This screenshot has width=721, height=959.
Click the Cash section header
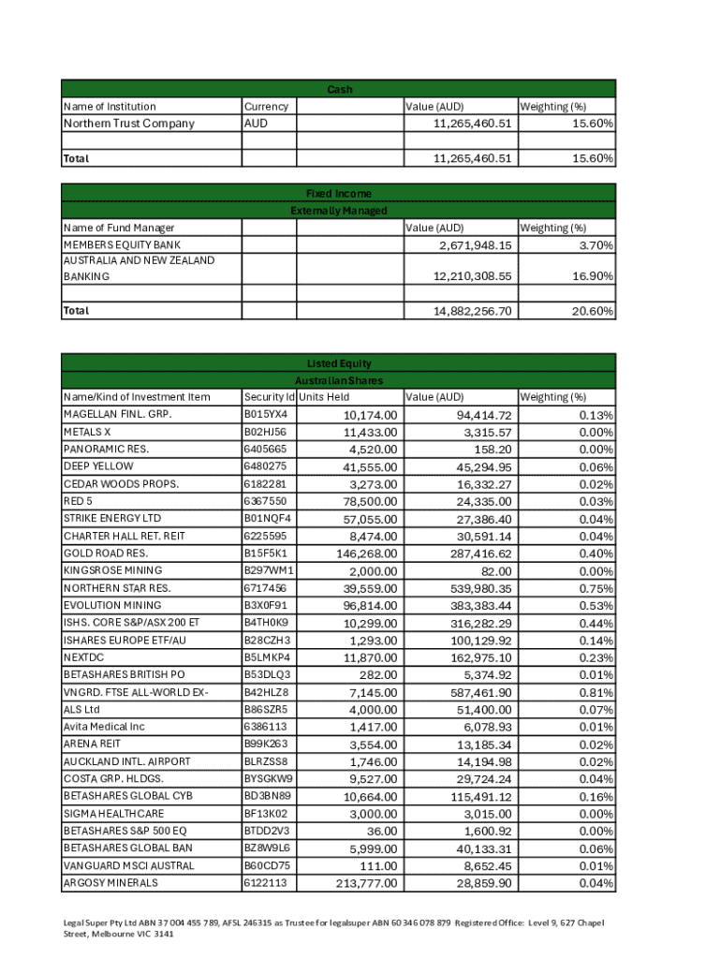pos(339,89)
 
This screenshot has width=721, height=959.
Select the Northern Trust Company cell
pos(128,124)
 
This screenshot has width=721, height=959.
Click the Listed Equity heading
pos(339,363)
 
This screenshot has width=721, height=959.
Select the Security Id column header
pos(269,397)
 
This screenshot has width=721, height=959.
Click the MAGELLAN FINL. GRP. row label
pos(117,414)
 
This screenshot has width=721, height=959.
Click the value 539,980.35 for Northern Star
pos(472,588)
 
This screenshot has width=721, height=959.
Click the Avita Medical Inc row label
pos(104,727)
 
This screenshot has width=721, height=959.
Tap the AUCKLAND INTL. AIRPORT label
pos(125,761)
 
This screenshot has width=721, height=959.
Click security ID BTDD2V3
pos(266,831)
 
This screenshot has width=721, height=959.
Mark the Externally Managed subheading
pos(339,211)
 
